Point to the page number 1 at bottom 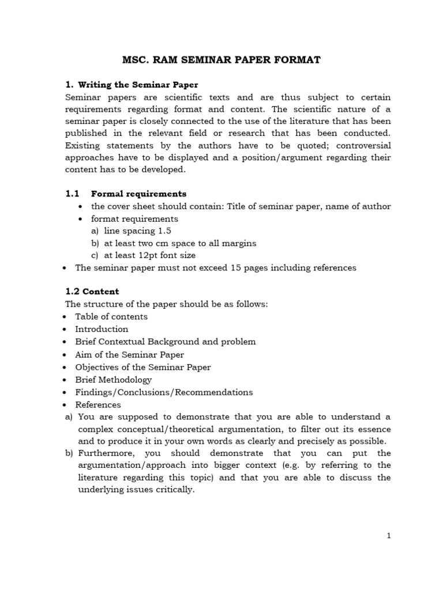pos(389,536)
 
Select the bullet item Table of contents pos(111,316)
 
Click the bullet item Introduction pos(102,329)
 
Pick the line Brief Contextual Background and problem pos(165,342)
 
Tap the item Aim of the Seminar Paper pos(129,354)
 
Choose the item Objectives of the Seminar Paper pos(142,367)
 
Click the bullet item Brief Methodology pos(113,380)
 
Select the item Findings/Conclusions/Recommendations pos(164,392)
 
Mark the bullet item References pos(98,405)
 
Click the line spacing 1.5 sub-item pos(137,230)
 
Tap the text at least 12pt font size pos(149,255)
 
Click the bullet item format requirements pos(134,218)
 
